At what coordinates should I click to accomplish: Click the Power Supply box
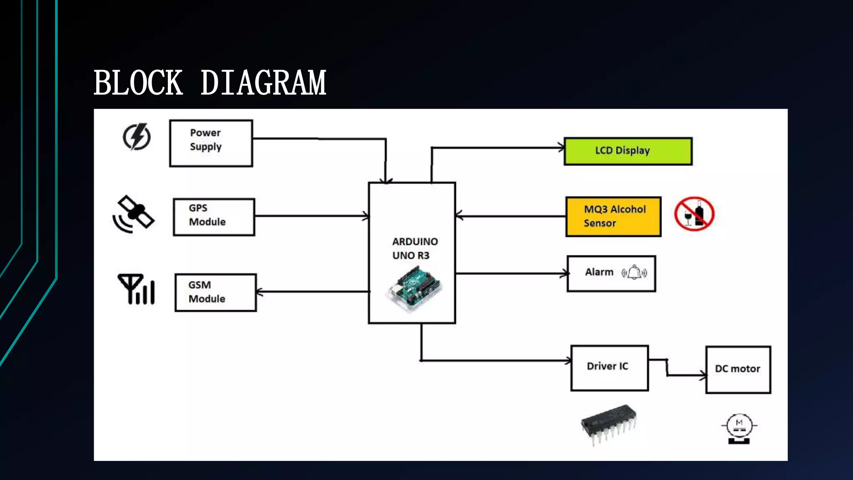[211, 143]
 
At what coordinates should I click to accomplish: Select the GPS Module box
[214, 217]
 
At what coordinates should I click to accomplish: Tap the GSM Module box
[215, 292]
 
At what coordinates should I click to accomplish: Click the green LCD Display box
[628, 151]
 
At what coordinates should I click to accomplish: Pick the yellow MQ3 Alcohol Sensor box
[613, 217]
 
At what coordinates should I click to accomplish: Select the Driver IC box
[609, 368]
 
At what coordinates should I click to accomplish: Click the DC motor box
[738, 370]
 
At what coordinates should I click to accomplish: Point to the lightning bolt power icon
[137, 137]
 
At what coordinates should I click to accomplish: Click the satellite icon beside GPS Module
[133, 214]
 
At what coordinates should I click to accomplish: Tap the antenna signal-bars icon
[137, 289]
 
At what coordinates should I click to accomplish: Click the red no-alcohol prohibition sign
[694, 214]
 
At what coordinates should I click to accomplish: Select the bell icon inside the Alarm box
[634, 273]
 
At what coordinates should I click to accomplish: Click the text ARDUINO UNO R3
[414, 248]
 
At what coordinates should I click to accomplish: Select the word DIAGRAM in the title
[263, 83]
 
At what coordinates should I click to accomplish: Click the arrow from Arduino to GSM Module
[312, 292]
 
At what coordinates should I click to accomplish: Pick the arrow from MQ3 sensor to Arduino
[511, 216]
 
